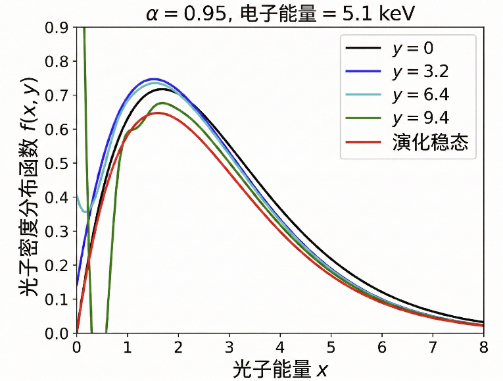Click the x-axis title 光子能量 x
click(280, 369)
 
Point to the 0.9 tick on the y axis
click(57, 28)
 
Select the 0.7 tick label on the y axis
click(57, 96)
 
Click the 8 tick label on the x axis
click(484, 346)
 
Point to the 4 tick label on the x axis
click(281, 346)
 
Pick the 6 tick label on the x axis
click(382, 346)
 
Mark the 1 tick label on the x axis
click(128, 346)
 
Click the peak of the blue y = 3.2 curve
click(153, 79)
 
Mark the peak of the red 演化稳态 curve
click(158, 113)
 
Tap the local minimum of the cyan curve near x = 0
click(85, 212)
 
